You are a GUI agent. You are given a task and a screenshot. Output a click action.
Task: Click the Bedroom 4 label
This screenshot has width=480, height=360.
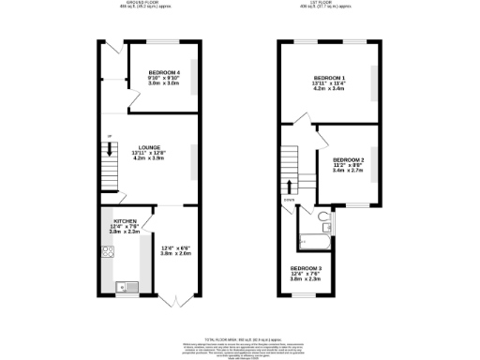(x=163, y=72)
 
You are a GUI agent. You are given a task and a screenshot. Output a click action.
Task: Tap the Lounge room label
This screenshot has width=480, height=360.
(x=148, y=147)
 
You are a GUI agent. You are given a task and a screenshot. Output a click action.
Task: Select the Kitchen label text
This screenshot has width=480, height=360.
(x=126, y=220)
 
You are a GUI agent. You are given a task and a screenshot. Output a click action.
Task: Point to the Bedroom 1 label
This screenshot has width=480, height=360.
(x=329, y=77)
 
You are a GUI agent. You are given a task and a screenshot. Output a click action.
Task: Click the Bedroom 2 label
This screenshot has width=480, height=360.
(x=348, y=160)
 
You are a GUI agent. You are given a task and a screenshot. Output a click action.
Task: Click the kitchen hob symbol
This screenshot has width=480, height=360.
(x=108, y=250)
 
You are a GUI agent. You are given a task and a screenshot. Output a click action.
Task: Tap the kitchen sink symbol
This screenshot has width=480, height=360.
(x=121, y=286)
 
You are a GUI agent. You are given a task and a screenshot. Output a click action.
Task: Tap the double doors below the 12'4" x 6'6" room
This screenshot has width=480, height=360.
(x=172, y=302)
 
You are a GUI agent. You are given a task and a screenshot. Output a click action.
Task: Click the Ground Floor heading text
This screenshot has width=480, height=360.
(x=149, y=4)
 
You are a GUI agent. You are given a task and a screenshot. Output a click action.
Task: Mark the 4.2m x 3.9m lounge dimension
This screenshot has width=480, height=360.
(x=148, y=158)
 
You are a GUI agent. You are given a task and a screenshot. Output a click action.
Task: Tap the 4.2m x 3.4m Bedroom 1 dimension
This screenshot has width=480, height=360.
(x=329, y=88)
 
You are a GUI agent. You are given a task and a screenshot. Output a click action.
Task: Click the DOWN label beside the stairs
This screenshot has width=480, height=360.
(x=288, y=199)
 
